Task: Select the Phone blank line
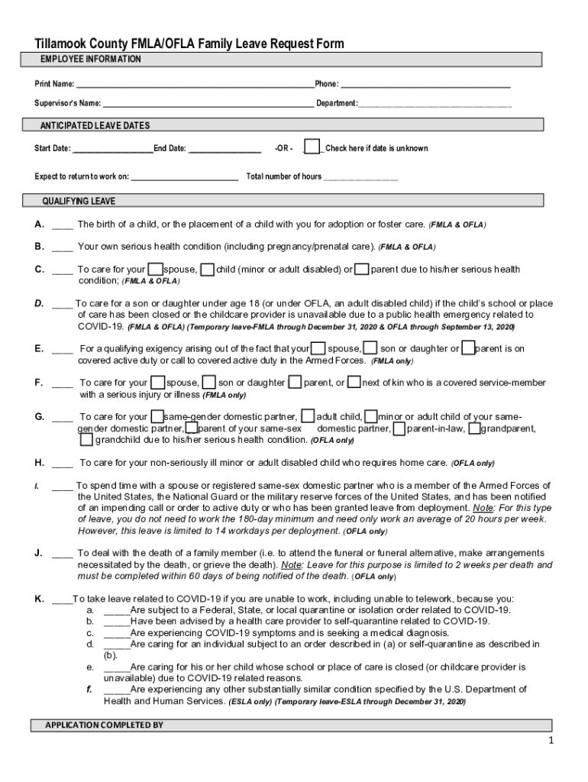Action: pyautogui.click(x=425, y=83)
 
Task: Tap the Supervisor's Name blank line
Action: pyautogui.click(x=208, y=103)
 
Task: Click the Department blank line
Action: pyautogui.click(x=435, y=103)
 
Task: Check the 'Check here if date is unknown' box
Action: pyautogui.click(x=312, y=147)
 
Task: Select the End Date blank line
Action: pyautogui.click(x=225, y=148)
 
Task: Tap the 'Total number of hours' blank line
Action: pyautogui.click(x=360, y=176)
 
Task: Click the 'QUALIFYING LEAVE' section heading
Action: pyautogui.click(x=79, y=201)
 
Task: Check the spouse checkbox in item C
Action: pyautogui.click(x=155, y=269)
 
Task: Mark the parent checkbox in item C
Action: pyautogui.click(x=363, y=269)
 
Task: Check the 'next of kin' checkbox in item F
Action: pyautogui.click(x=354, y=382)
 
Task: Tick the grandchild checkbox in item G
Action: pyautogui.click(x=86, y=439)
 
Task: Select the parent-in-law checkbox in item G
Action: pyautogui.click(x=398, y=428)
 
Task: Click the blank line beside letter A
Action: pyautogui.click(x=63, y=225)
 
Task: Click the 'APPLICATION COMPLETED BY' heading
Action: pyautogui.click(x=104, y=725)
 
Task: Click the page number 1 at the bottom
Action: pyautogui.click(x=550, y=742)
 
